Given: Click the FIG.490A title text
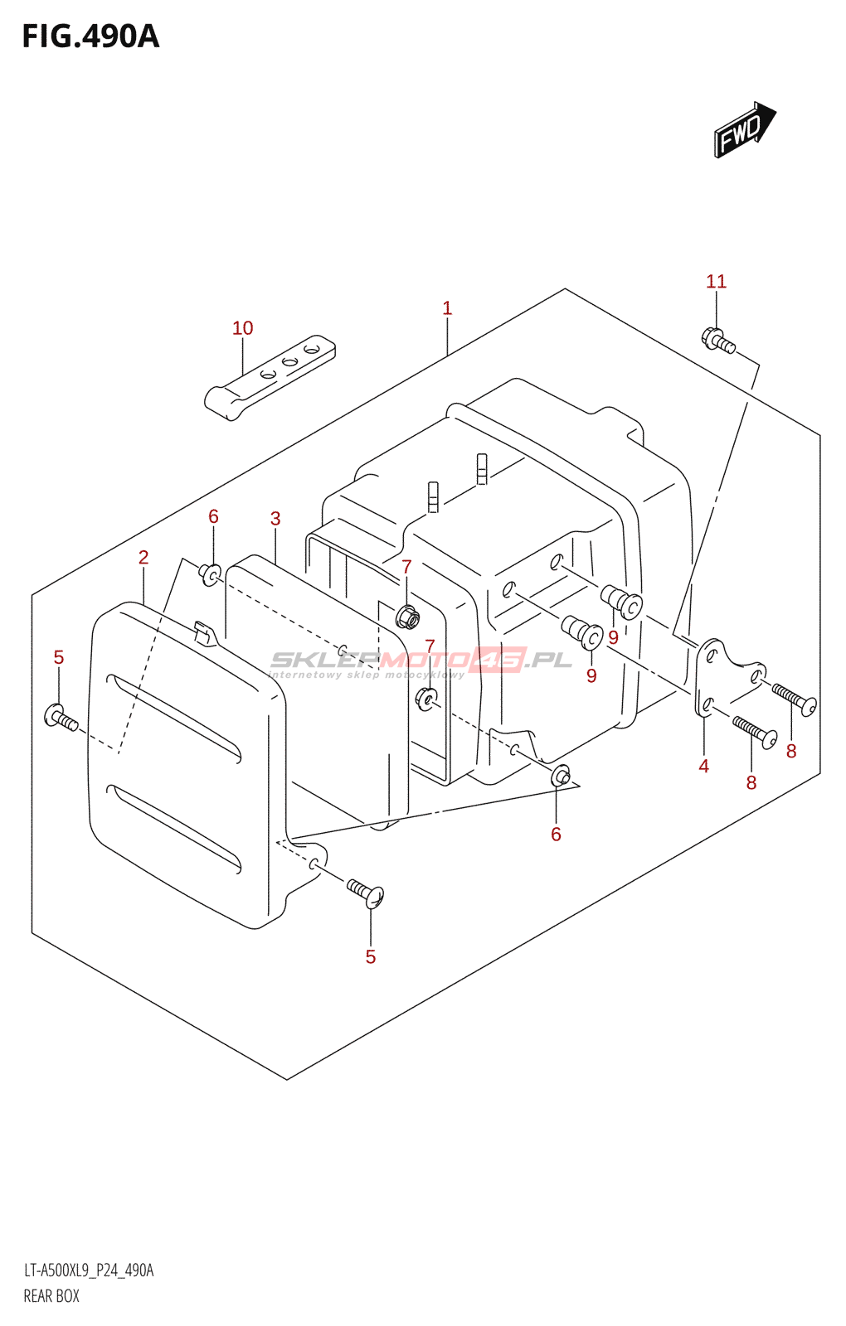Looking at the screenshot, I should point(90,37).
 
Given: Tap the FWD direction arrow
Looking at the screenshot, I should point(744,130).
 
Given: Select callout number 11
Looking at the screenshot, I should point(716,282).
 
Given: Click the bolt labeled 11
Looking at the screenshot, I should point(718,341).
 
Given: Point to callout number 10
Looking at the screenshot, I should point(242,328).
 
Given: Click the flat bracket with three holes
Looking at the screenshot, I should point(270,376).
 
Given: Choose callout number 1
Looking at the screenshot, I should point(447,308).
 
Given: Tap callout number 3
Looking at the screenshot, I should point(275,519).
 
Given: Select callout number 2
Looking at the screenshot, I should point(143,558).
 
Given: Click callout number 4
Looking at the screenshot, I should point(703,767).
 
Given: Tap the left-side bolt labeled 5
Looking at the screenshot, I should point(62,718).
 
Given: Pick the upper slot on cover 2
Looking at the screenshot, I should point(174,717).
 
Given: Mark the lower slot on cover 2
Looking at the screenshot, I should point(174,829).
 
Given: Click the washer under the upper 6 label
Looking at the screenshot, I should point(211,573).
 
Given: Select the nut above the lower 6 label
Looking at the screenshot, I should point(561,776).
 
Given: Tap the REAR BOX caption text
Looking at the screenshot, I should point(51,1296).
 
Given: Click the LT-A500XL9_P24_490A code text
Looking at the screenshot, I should point(89,1270).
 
